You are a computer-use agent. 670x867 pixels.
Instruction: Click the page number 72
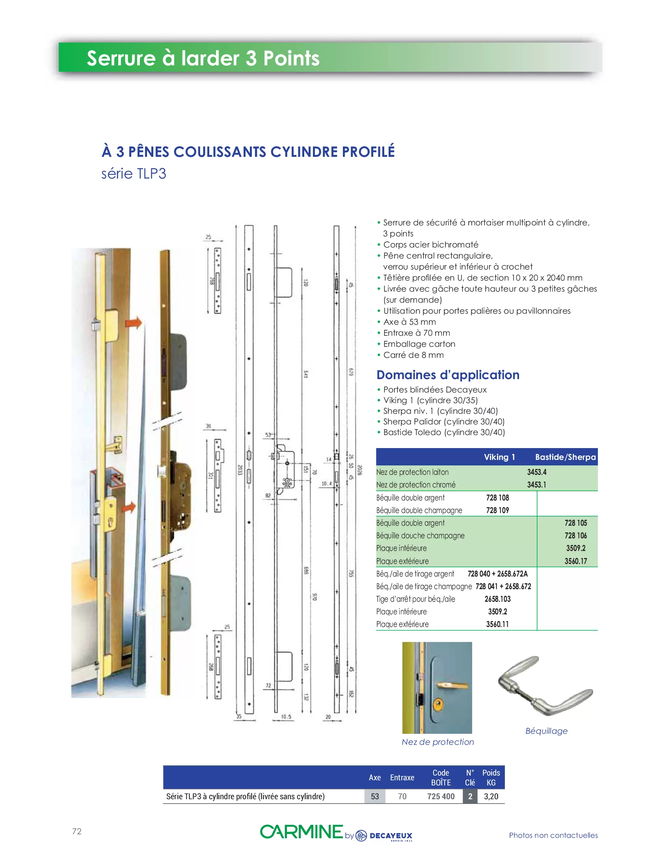click(76, 831)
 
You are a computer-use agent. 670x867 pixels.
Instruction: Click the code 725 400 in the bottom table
click(441, 796)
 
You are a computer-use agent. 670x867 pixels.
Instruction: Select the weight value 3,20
click(491, 796)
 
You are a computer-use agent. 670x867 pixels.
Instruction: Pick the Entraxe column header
click(402, 777)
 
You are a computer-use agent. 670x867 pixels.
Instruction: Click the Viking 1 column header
click(499, 457)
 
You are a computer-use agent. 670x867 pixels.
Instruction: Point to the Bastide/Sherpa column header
click(565, 457)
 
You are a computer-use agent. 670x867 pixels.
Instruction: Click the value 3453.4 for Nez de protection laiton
click(537, 472)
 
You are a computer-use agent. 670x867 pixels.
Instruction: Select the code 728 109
click(497, 510)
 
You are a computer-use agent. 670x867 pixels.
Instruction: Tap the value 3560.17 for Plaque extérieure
click(575, 561)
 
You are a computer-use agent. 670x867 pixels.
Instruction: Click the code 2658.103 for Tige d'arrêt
click(497, 599)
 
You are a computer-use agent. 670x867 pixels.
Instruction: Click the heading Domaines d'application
click(448, 375)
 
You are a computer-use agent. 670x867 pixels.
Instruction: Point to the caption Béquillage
click(546, 731)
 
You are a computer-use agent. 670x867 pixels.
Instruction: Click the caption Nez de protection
click(437, 742)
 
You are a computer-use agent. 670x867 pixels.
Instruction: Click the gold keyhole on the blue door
click(438, 704)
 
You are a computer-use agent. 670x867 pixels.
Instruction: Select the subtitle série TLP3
click(133, 173)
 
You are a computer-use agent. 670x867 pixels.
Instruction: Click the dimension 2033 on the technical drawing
click(240, 470)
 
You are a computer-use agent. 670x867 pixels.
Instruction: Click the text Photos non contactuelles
click(553, 835)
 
